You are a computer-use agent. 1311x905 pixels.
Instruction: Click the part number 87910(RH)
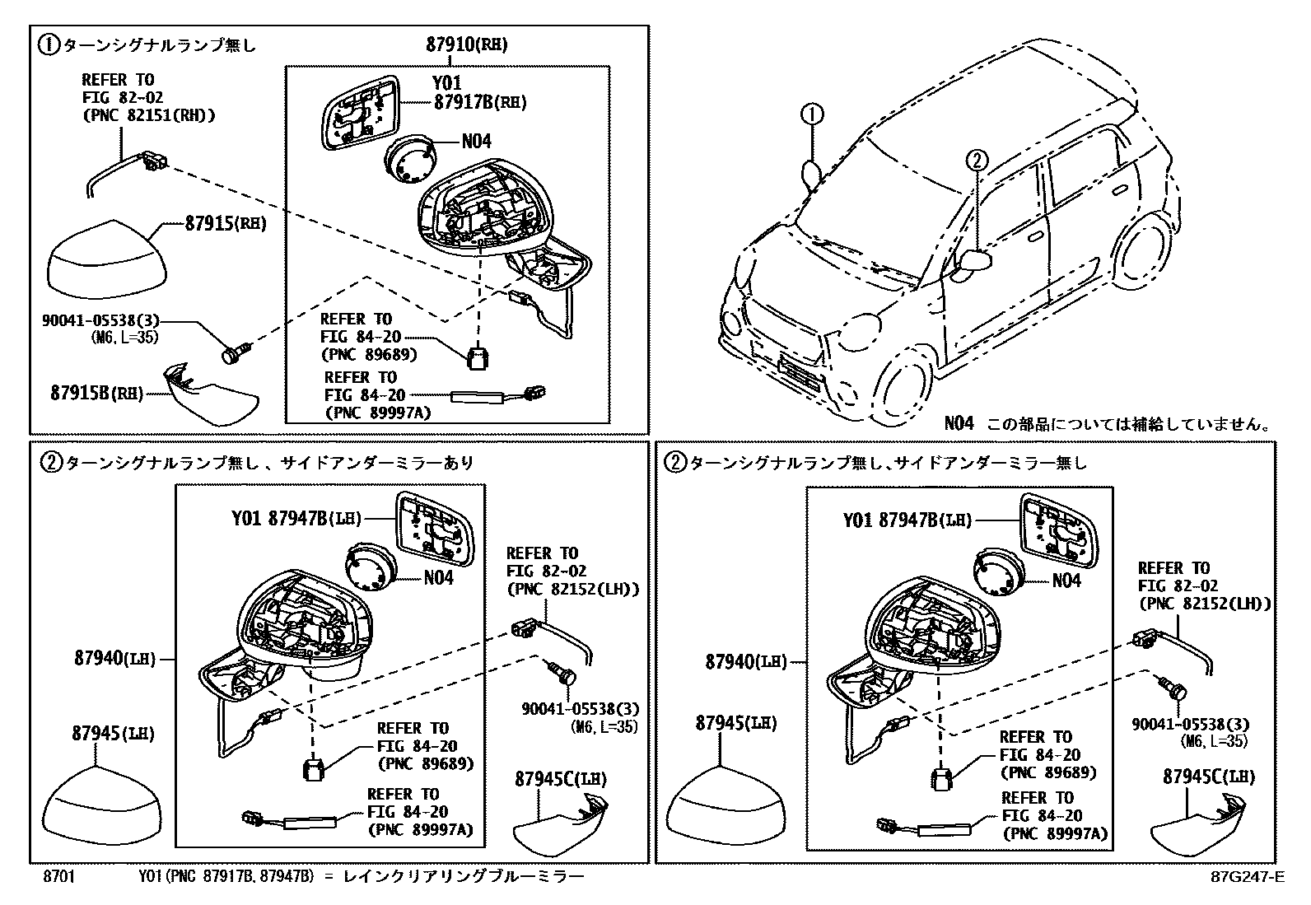pyautogui.click(x=466, y=44)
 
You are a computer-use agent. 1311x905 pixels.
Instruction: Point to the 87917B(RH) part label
pyautogui.click(x=480, y=102)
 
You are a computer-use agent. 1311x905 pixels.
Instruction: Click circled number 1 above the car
pyautogui.click(x=811, y=114)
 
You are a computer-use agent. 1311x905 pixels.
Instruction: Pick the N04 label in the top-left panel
pyautogui.click(x=476, y=142)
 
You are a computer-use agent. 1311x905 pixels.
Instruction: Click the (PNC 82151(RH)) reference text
pyautogui.click(x=148, y=114)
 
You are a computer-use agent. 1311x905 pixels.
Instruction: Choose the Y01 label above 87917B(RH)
pyautogui.click(x=446, y=83)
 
